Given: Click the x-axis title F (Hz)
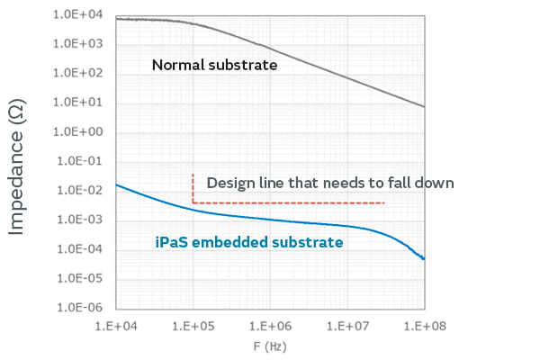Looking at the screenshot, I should tap(270, 344).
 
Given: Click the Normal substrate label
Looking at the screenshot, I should tap(214, 65).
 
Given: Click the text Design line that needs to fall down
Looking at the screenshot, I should tap(329, 183).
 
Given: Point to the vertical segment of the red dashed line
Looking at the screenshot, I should tap(193, 187).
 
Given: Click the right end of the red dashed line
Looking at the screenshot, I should tap(385, 203).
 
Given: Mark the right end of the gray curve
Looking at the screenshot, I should tap(424, 106).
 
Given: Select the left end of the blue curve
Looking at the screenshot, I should tap(118, 185).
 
